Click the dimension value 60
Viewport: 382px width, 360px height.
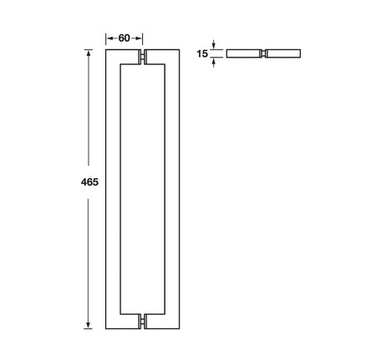124,38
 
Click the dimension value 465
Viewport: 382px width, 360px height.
89,182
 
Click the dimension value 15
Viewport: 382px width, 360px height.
202,53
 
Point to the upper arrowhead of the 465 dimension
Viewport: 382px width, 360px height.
89,53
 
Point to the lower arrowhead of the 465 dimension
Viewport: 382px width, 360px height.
89,325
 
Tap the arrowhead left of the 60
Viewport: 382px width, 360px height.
110,38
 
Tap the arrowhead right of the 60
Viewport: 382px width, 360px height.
139,38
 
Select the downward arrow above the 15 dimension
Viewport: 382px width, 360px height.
214,44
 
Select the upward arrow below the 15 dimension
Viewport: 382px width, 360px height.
214,63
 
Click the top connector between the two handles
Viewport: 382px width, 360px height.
143,57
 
